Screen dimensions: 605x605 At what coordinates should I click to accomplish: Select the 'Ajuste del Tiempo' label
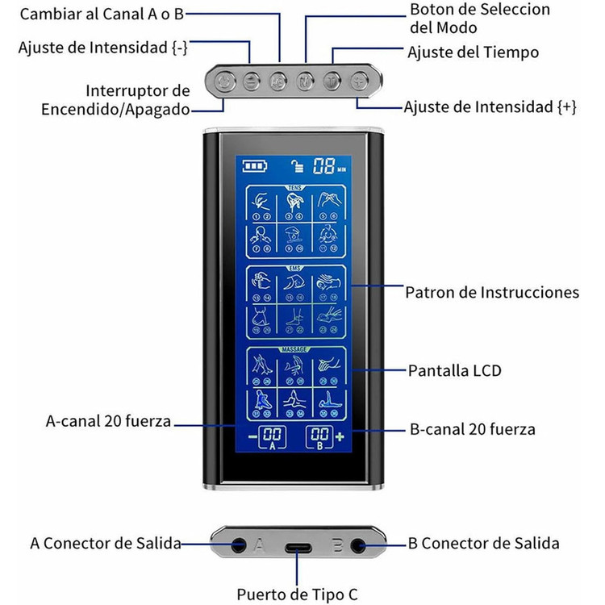click(x=473, y=52)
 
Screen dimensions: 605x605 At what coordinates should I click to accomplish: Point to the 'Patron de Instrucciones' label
click(x=492, y=292)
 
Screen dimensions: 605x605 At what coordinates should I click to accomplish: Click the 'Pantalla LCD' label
click(x=453, y=370)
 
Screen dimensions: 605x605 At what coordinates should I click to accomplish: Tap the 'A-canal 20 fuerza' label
click(x=109, y=421)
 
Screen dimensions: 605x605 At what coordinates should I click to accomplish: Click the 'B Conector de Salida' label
click(x=483, y=544)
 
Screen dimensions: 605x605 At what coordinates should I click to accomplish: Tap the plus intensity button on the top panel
click(x=359, y=81)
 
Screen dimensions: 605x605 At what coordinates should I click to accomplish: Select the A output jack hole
click(x=238, y=544)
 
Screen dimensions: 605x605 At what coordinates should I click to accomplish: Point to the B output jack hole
click(x=357, y=544)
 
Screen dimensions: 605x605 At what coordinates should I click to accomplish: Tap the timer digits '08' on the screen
click(x=324, y=167)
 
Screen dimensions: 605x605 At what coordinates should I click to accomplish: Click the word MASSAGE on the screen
click(x=293, y=349)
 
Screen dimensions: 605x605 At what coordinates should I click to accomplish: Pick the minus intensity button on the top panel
click(x=251, y=81)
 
